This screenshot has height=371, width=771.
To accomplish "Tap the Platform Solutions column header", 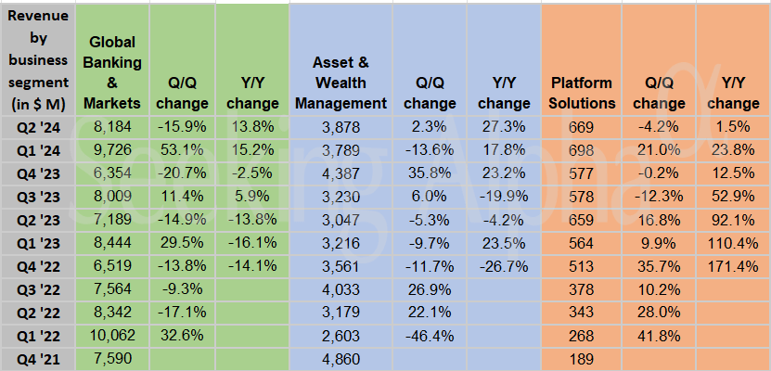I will coord(582,92).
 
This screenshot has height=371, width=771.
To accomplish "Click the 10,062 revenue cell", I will coord(116,336).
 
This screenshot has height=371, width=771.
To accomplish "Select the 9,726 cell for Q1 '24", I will coord(116,149).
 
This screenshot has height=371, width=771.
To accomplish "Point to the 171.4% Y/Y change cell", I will coord(733,266).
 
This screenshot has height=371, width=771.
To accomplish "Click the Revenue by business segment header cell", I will coord(39,58).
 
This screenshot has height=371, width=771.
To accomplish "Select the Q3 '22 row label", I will coord(39,289).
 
